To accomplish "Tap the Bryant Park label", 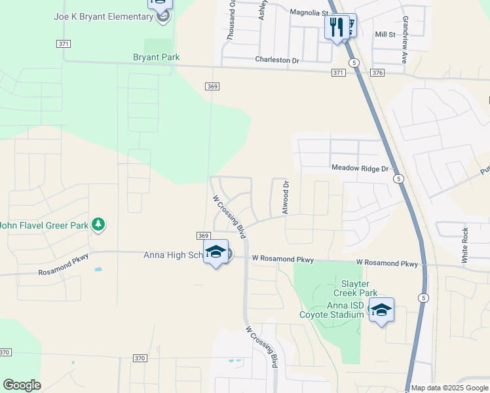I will [x=156, y=58].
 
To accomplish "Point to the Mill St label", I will [x=385, y=34].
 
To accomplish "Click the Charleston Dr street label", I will [x=276, y=60].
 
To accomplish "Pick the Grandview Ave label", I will [x=405, y=39].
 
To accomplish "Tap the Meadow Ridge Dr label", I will [x=360, y=168].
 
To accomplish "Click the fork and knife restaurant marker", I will [x=337, y=28].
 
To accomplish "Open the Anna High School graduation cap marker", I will [x=216, y=252].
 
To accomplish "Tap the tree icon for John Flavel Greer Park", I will [x=98, y=225].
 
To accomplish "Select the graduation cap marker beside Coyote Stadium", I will [x=381, y=310].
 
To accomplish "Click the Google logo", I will [x=22, y=385].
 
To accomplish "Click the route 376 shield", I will [x=377, y=73].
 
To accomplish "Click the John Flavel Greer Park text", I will [x=45, y=226].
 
